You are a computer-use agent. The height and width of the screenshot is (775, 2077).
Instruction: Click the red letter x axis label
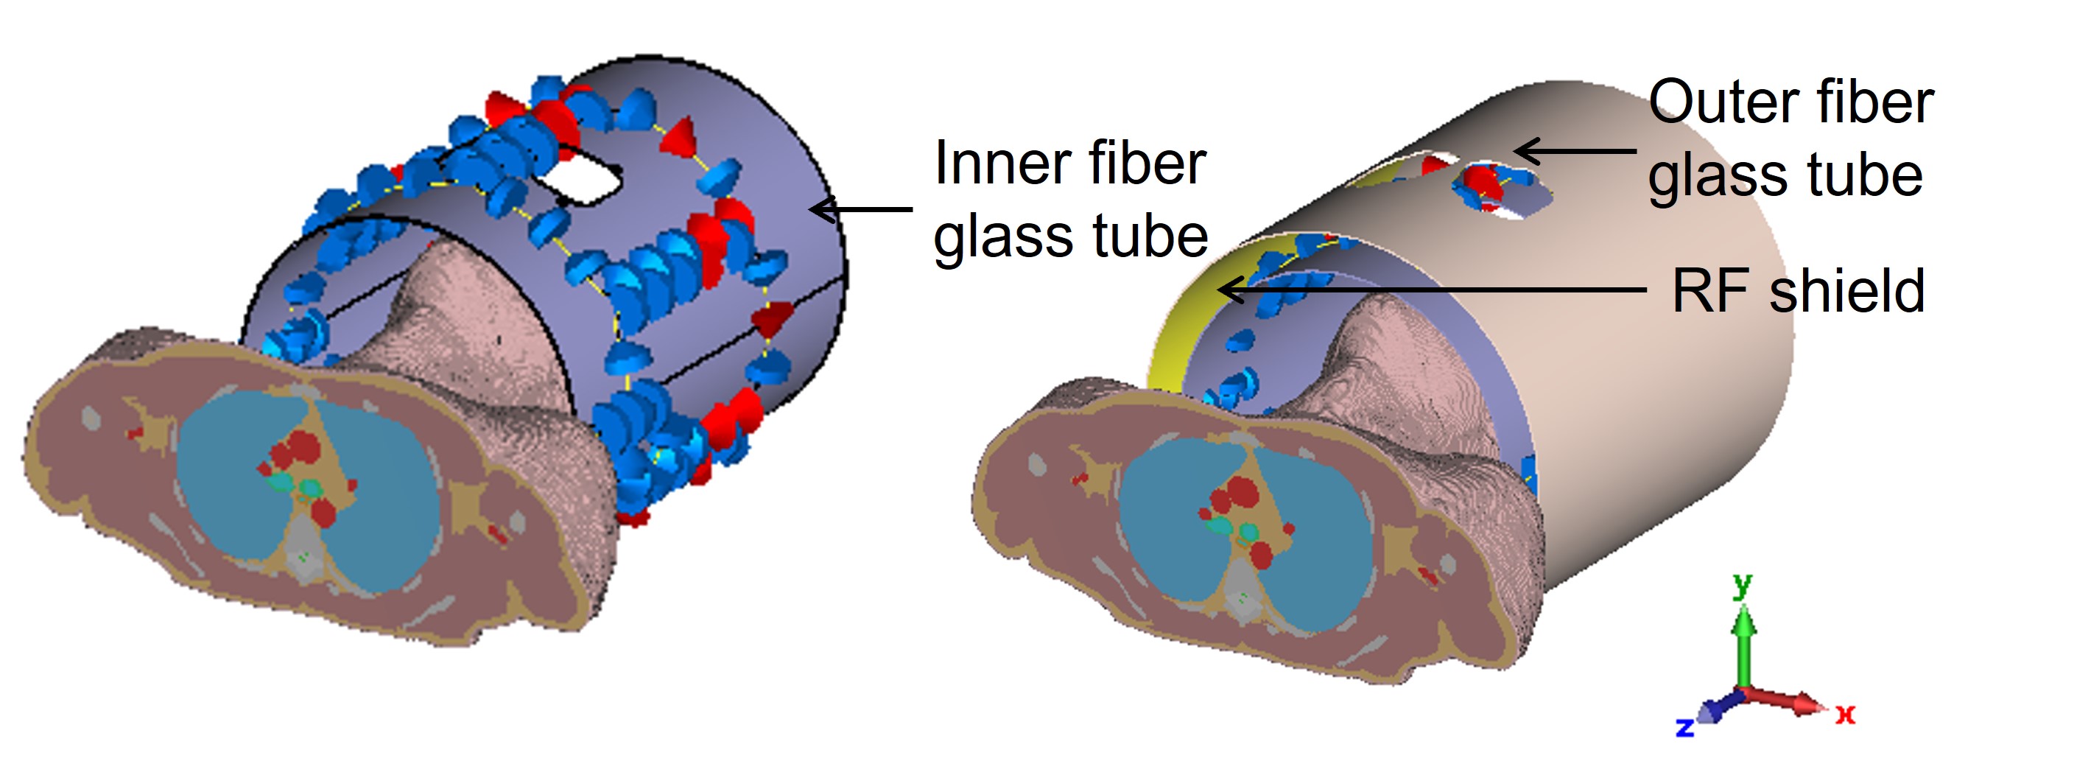[1846, 714]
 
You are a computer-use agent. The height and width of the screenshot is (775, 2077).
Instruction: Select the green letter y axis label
[1743, 584]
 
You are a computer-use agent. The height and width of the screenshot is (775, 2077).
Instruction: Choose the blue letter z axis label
[1684, 727]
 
